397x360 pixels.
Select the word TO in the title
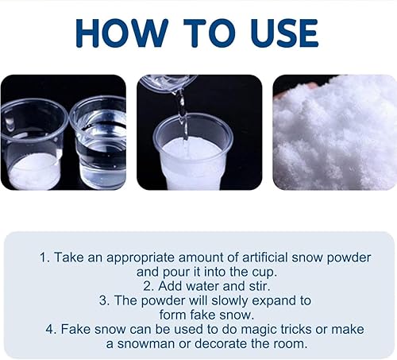pyautogui.click(x=210, y=33)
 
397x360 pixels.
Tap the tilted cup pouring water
pyautogui.click(x=168, y=83)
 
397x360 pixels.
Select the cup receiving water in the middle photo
pyautogui.click(x=193, y=153)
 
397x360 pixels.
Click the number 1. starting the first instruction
pyautogui.click(x=44, y=257)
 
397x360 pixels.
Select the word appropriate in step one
pyautogui.click(x=141, y=258)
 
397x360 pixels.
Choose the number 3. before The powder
pyautogui.click(x=105, y=300)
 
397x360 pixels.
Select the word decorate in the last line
pyautogui.click(x=222, y=343)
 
